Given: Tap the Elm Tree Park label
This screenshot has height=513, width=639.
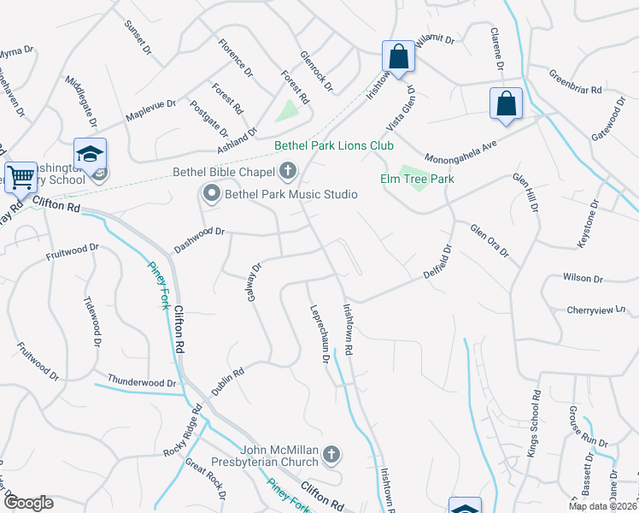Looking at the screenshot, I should [417, 179].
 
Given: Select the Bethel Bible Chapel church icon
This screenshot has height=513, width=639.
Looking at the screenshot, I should [287, 171].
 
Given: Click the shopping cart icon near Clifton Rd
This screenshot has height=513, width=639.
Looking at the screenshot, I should [21, 177].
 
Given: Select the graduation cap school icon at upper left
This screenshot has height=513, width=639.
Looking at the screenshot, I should [90, 153].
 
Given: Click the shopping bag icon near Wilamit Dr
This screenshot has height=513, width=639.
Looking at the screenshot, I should [398, 56].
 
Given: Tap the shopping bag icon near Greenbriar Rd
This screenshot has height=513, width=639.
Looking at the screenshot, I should [506, 103].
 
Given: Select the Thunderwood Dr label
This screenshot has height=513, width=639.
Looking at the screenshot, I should [141, 380].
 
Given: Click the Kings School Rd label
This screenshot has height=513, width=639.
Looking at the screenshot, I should [534, 424].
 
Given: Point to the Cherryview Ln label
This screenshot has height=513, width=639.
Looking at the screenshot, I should [602, 310].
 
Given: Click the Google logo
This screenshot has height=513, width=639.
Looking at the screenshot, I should [28, 503].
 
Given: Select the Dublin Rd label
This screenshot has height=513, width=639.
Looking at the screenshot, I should [227, 381].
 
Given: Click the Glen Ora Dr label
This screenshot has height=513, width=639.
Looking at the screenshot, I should [488, 239].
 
